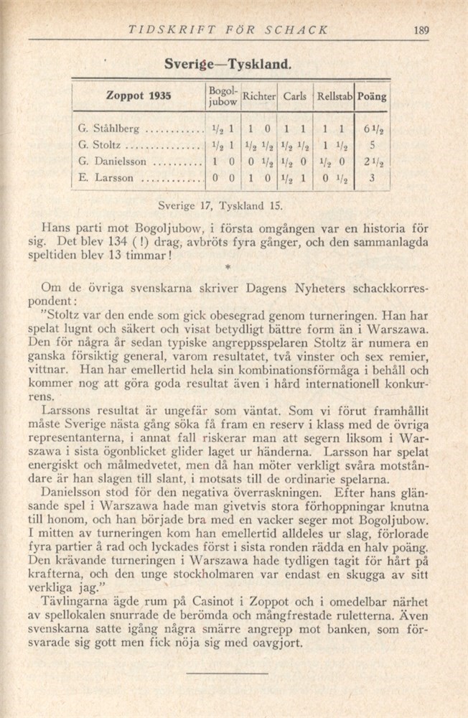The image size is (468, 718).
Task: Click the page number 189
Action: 421,30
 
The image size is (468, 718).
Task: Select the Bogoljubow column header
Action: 220,95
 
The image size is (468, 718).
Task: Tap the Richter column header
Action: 259,95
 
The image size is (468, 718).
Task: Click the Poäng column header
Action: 372,95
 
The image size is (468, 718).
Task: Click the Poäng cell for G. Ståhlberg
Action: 373,131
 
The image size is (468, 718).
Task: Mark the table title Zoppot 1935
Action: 138,95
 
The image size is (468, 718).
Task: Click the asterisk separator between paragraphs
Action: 227,267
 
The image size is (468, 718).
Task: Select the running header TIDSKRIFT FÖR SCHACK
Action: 228,30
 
